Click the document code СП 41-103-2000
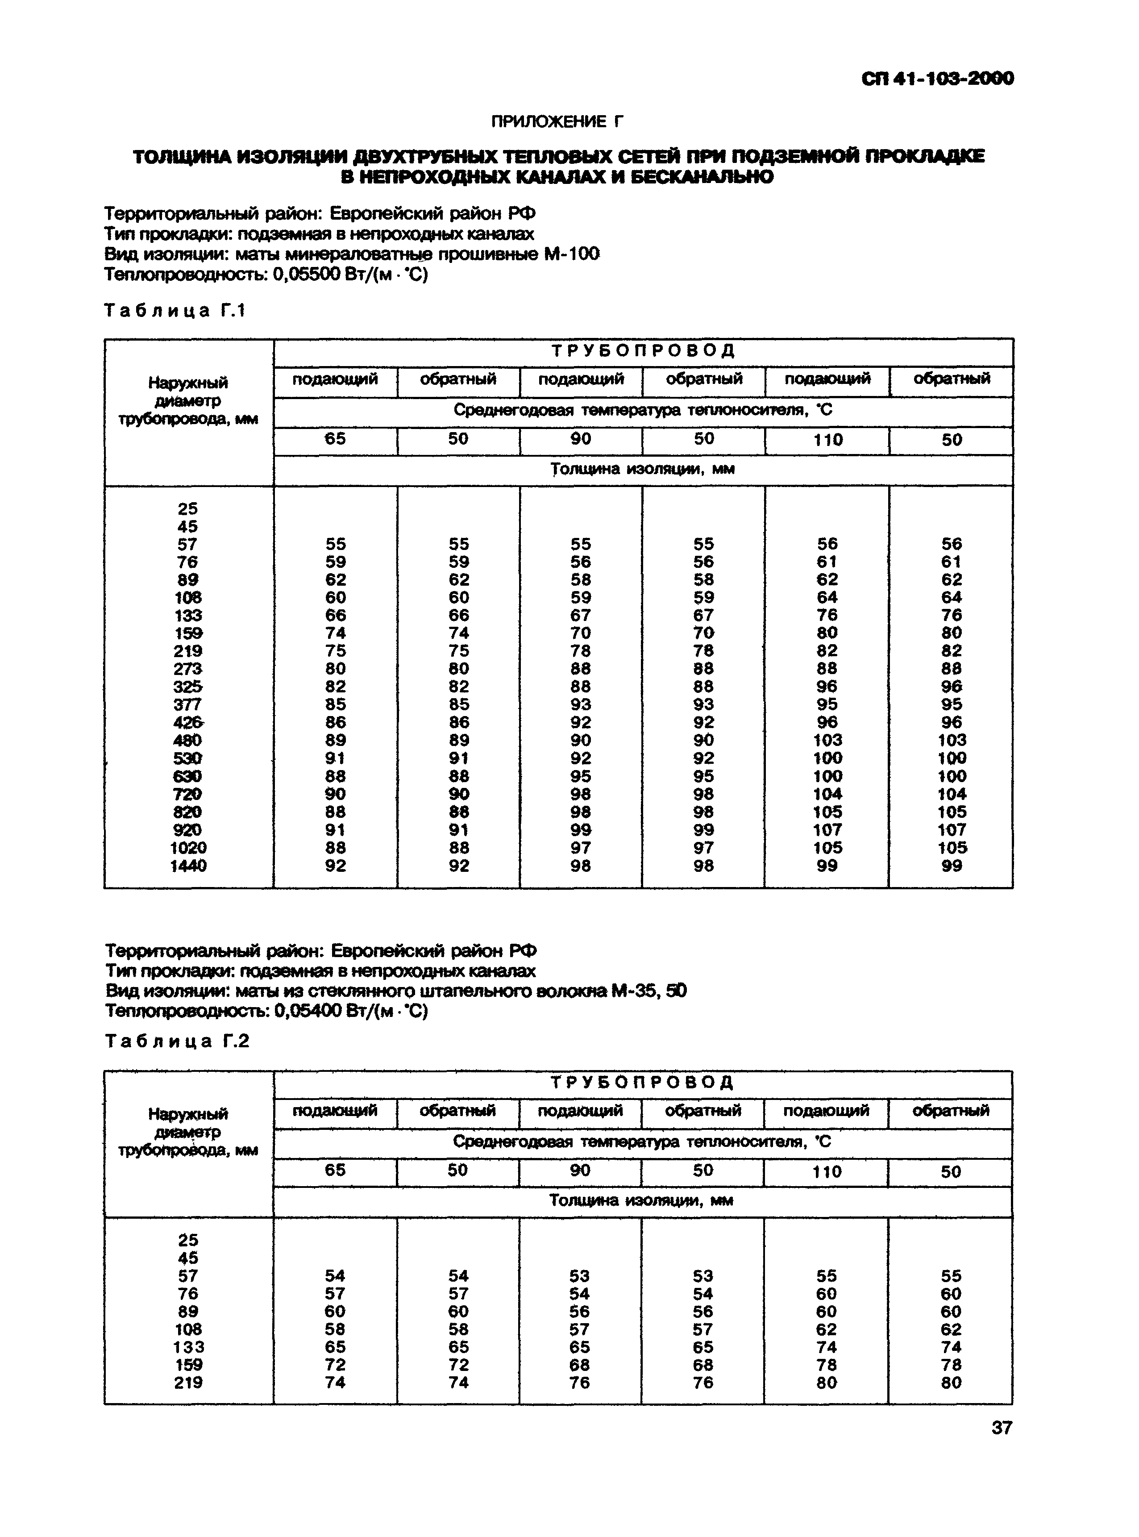(x=938, y=79)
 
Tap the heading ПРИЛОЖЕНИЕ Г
(x=557, y=122)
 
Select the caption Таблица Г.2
(x=176, y=1041)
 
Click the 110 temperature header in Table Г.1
(x=827, y=440)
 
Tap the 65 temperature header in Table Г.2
(x=335, y=1170)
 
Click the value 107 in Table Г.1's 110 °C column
(x=827, y=829)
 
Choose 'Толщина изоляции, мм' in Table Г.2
(x=641, y=1200)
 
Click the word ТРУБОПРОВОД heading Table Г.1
(x=643, y=351)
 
